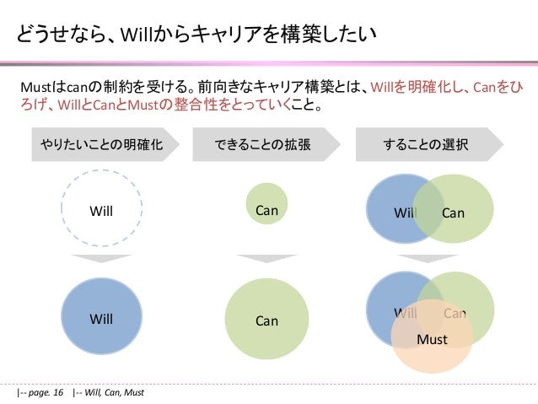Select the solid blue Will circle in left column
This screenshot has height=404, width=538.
101,319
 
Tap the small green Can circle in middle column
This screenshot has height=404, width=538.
266,204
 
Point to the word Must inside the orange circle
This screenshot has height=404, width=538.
433,340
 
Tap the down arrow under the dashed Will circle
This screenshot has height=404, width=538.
101,259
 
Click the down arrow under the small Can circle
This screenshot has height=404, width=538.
266,259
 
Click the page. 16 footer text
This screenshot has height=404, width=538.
41,392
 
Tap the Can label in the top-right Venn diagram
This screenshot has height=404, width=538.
453,213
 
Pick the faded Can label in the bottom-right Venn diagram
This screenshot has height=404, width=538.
455,314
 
